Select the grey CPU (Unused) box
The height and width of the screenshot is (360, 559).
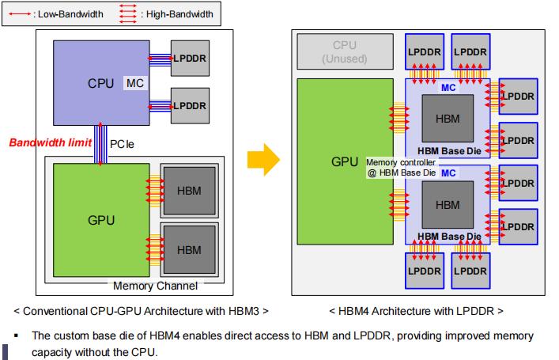coord(345,52)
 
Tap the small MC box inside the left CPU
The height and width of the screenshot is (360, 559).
coord(134,83)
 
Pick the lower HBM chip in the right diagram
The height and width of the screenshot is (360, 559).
coord(447,205)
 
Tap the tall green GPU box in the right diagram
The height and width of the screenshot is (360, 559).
coord(345,162)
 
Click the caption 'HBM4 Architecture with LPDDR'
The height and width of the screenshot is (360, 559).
coord(416,310)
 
